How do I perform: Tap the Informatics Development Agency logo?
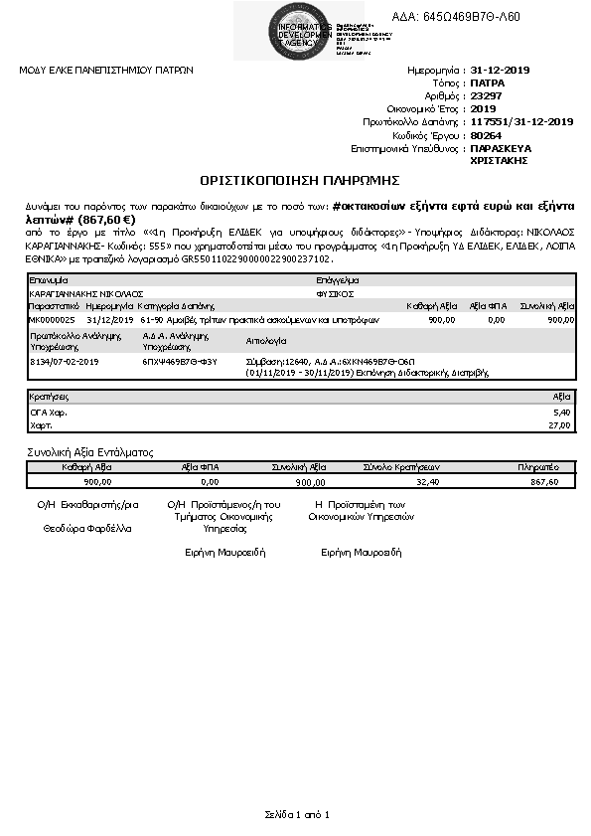pos(280,30)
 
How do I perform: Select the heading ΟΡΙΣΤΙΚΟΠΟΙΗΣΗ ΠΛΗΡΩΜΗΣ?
pos(299,180)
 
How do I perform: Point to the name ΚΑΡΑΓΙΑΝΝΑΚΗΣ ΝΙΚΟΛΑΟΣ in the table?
pos(87,294)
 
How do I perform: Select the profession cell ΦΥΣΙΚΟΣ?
pos(336,294)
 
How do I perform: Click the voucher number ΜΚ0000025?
pos(52,320)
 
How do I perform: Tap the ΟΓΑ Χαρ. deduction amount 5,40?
pos(562,410)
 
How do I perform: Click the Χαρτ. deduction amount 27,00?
pos(561,424)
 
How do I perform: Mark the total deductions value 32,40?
pos(428,481)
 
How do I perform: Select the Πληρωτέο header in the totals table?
pos(536,466)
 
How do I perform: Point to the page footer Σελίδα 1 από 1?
pos(296,814)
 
